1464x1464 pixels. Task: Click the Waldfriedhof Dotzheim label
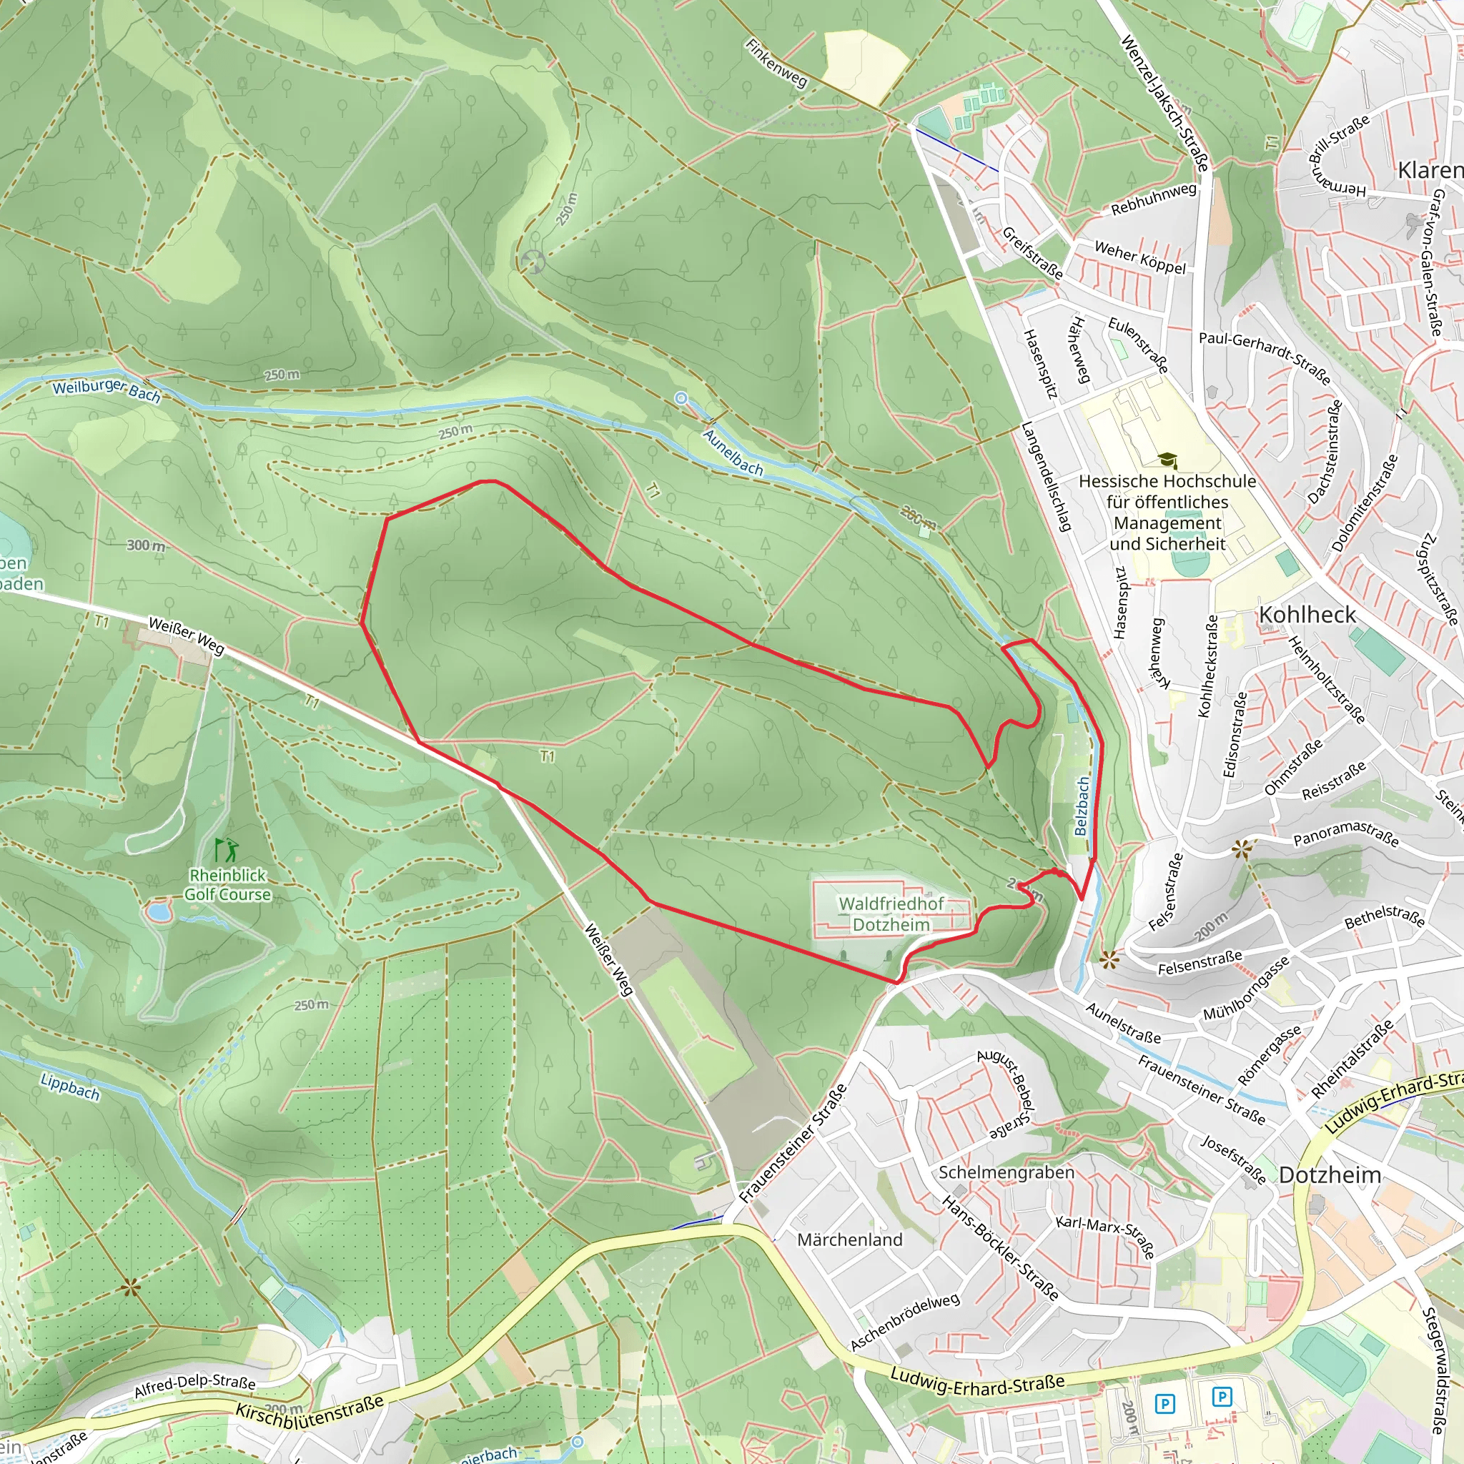[x=891, y=914]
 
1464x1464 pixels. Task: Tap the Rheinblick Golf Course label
[x=227, y=884]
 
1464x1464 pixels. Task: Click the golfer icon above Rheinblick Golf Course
[x=226, y=849]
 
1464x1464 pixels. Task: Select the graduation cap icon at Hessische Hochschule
[x=1167, y=460]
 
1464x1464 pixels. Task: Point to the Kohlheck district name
[x=1307, y=615]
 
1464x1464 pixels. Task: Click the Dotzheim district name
[x=1330, y=1174]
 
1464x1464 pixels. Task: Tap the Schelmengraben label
[x=1006, y=1172]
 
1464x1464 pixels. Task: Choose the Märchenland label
[x=849, y=1240]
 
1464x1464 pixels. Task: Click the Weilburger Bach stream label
[x=106, y=390]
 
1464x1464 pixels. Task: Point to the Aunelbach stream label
[x=733, y=452]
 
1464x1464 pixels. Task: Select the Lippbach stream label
[x=70, y=1087]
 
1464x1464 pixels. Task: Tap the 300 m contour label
[x=146, y=545]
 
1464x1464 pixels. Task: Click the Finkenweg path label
[x=776, y=63]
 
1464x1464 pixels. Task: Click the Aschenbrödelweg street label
[x=905, y=1322]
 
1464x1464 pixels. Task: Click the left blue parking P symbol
[x=1164, y=1404]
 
